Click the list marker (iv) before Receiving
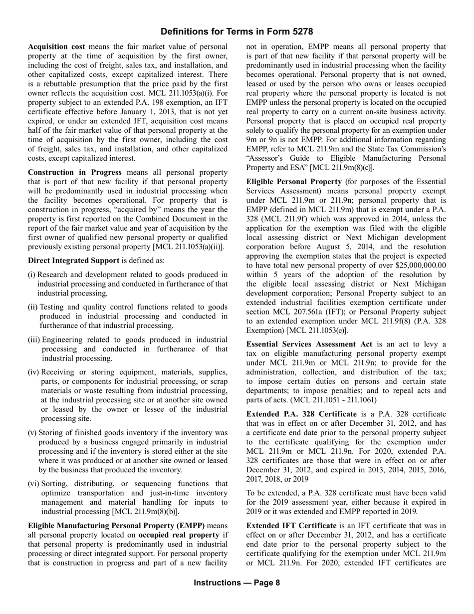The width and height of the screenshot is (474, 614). click(33, 372)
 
